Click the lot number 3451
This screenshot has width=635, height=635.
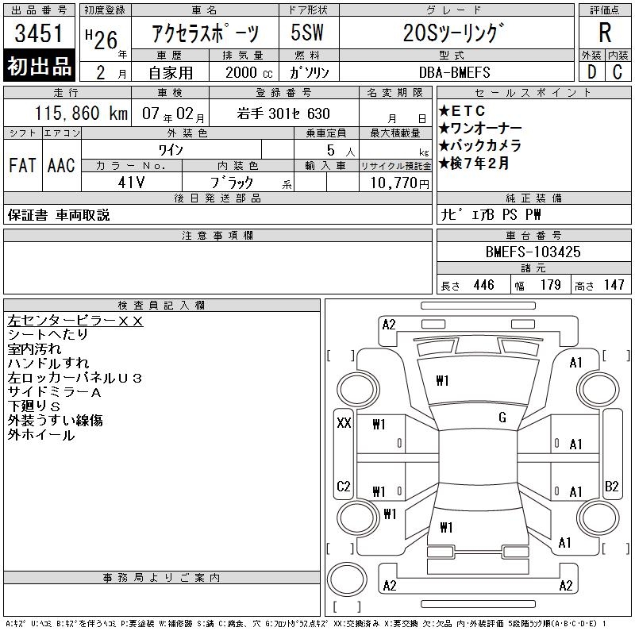(x=39, y=33)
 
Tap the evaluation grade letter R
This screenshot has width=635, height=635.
(x=605, y=33)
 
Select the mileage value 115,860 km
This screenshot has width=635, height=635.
(x=81, y=114)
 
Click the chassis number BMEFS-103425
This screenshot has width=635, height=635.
(x=533, y=252)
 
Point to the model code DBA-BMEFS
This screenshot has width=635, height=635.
(x=454, y=72)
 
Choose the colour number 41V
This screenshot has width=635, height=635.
(x=131, y=183)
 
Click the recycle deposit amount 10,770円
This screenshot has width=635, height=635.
(x=399, y=183)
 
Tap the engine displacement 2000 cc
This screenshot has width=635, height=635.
(x=249, y=73)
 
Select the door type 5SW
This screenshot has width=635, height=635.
(x=307, y=33)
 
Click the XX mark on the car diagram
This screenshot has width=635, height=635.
(x=344, y=423)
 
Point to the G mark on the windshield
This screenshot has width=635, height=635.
(x=502, y=418)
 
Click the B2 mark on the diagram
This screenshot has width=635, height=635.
(x=611, y=486)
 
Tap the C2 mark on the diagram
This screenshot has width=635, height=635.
(x=344, y=486)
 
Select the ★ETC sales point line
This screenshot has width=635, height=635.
(x=462, y=110)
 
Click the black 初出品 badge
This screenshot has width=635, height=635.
(x=39, y=66)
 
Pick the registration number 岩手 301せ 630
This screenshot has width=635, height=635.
(x=283, y=114)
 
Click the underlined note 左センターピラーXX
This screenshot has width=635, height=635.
(x=75, y=321)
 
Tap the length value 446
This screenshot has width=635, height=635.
(x=484, y=285)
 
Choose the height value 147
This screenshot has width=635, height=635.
(x=614, y=285)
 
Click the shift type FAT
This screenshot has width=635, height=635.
(x=22, y=165)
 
